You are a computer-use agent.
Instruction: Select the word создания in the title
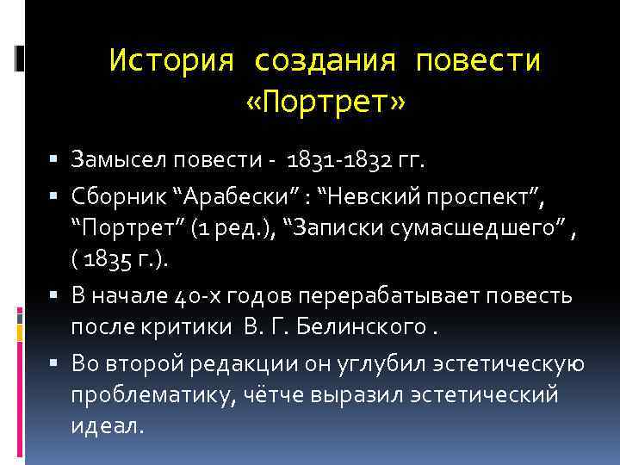coord(325,61)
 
